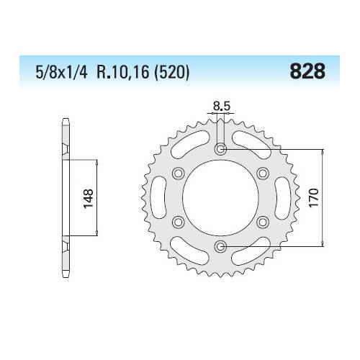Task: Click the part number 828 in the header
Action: (308, 72)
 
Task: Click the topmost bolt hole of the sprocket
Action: (220, 150)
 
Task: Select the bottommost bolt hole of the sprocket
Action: (220, 247)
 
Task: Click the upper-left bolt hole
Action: (178, 174)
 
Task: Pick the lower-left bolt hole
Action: (178, 222)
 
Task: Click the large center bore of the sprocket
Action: (220, 198)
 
